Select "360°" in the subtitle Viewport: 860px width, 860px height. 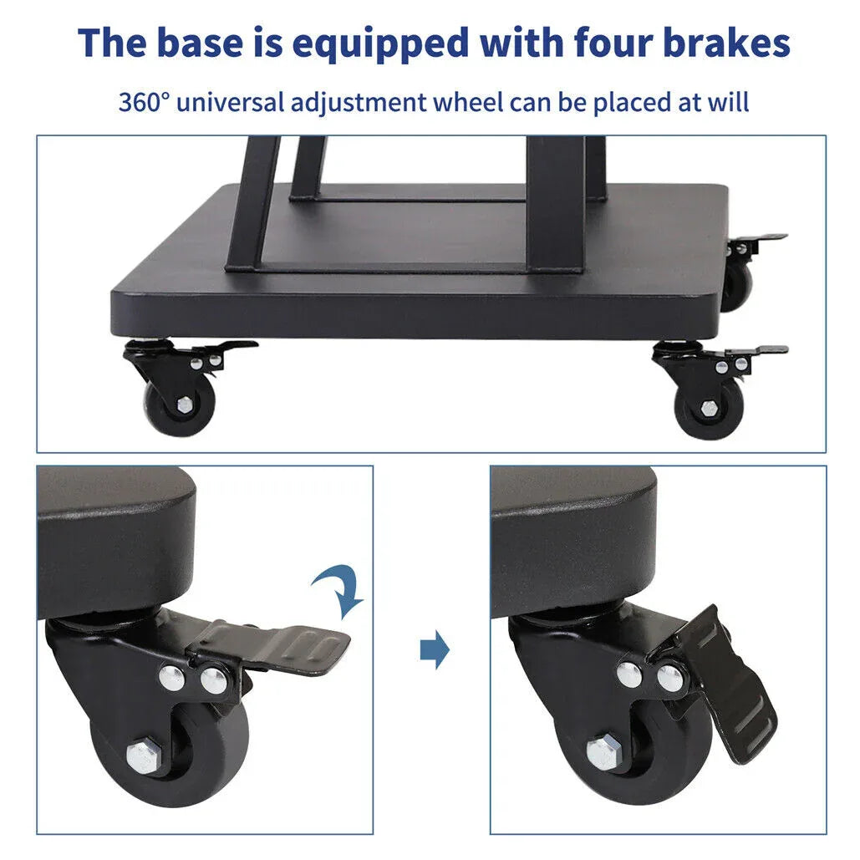point(144,103)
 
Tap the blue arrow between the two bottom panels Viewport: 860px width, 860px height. point(435,650)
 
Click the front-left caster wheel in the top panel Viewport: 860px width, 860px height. point(179,405)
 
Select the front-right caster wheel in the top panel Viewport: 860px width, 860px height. point(707,408)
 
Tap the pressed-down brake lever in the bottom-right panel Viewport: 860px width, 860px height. point(727,685)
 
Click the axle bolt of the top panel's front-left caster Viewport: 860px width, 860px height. point(184,405)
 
